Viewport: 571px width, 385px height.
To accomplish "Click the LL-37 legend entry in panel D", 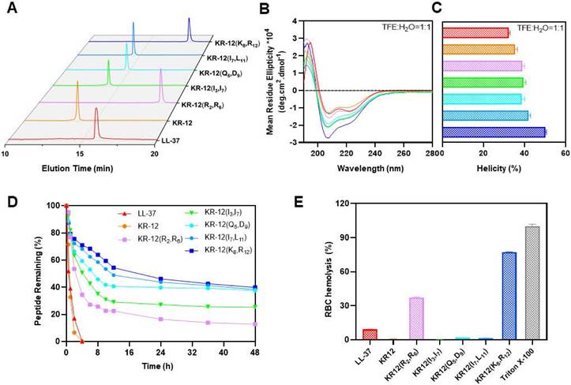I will (140, 213).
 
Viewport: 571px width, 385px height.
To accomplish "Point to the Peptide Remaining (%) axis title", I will (35, 273).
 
